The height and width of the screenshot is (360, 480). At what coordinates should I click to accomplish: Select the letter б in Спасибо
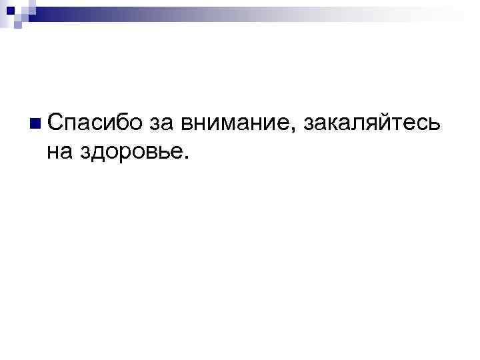click(117, 122)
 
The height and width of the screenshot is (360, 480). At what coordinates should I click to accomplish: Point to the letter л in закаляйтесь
click(357, 125)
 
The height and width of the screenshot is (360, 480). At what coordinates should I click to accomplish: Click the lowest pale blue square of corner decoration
click(18, 25)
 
